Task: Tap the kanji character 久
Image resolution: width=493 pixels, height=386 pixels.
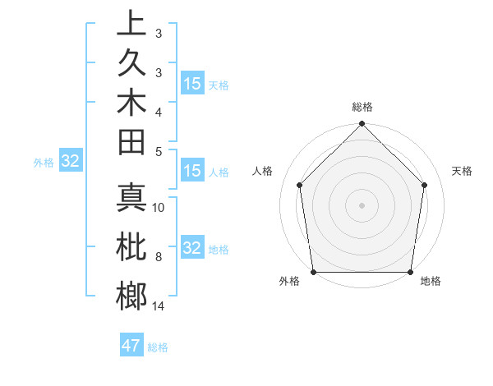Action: click(131, 65)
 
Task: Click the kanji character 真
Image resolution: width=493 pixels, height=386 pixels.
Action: click(131, 200)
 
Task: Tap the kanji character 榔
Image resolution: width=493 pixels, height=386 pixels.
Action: click(131, 296)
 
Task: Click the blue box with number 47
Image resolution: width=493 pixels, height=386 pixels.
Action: click(131, 346)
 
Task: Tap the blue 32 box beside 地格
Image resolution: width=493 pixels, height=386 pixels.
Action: click(192, 248)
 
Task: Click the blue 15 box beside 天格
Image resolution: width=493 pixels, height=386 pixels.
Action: click(192, 84)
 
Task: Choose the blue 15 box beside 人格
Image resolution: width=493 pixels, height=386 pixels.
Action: click(192, 172)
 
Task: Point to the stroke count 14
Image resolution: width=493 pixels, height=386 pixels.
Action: click(159, 306)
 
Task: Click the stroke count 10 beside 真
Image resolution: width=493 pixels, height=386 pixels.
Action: click(159, 208)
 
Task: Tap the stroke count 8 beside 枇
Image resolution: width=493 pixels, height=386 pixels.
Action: click(159, 258)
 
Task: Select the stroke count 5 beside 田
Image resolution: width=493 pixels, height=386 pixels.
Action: click(159, 150)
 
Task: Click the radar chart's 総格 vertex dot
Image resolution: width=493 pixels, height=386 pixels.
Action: click(362, 125)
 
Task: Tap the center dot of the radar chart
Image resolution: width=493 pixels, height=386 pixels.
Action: click(362, 204)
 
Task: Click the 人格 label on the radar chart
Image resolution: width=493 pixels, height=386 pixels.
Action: click(263, 171)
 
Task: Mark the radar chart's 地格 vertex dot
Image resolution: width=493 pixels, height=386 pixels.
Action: click(410, 272)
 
